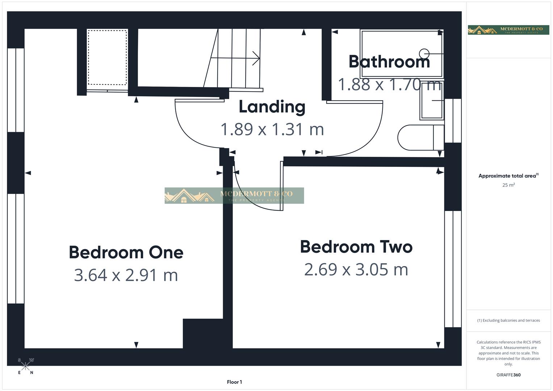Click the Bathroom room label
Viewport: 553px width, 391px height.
[389, 62]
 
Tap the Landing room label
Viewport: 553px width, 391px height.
[272, 107]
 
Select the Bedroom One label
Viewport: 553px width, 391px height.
[126, 252]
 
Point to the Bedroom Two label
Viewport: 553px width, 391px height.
[356, 247]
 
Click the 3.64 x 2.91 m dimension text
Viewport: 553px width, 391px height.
[126, 275]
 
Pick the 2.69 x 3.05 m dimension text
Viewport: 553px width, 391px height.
[356, 269]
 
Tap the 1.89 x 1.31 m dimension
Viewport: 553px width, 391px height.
[272, 129]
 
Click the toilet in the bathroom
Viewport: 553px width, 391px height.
[420, 138]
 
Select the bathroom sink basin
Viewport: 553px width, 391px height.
[432, 104]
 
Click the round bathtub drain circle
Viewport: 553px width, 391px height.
[424, 54]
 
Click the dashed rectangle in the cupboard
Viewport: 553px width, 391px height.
[107, 57]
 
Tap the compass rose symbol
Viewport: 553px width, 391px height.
[25, 366]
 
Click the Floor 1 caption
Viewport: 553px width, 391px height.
[234, 382]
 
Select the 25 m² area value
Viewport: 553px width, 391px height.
[508, 185]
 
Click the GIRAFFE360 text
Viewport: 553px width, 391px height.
[508, 375]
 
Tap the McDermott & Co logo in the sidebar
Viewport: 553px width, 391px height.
[508, 30]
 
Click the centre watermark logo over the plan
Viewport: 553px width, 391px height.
[234, 195]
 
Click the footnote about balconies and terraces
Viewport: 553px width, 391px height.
[508, 320]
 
